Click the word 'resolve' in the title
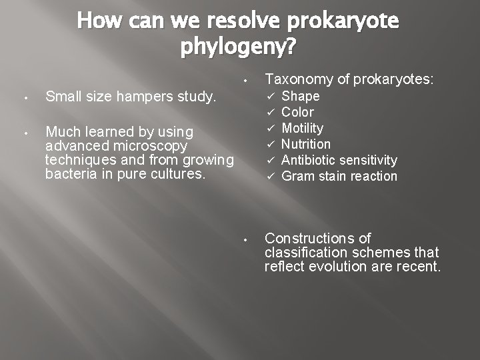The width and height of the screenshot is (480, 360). pos(245,23)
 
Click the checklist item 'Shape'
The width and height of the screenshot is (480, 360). pos(301,97)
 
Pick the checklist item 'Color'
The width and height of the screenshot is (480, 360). pos(297,113)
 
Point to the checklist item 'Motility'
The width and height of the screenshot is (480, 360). pos(302,128)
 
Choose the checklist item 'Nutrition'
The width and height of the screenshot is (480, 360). pos(306,144)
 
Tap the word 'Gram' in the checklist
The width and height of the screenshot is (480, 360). pos(297,177)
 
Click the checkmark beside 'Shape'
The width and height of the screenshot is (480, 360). pos(271,97)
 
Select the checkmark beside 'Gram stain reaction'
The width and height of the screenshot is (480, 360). pos(271,177)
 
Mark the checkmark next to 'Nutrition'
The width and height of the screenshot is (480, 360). pos(271,144)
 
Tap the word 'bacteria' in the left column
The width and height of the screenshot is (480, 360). pos(69,175)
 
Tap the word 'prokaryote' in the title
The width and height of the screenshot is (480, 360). pos(343,23)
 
